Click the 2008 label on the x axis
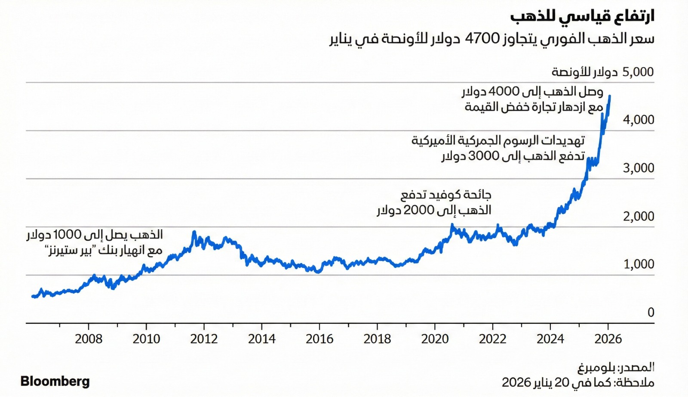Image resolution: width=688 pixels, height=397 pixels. point(89,339)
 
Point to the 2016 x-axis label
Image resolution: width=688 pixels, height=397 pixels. point(319,339)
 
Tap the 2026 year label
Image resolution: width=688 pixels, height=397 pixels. point(608,339)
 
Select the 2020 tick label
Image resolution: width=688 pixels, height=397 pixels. point(435,339)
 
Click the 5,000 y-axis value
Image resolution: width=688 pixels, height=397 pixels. point(638,72)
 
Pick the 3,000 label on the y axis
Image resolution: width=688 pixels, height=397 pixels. point(639,168)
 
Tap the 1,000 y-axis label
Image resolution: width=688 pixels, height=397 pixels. point(639,264)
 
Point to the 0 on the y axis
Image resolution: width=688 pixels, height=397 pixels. point(651,312)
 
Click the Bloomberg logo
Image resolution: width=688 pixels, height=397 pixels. point(55,381)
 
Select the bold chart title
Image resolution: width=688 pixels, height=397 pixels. point(582,16)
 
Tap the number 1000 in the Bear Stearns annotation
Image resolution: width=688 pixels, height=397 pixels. point(67,235)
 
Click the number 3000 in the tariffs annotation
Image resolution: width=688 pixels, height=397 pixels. point(484,156)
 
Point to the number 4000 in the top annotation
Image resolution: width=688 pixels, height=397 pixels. point(504,92)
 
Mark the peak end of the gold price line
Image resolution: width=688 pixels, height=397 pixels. point(610,96)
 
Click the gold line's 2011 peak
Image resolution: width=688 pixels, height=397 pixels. point(194,232)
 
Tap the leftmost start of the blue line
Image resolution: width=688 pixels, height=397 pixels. point(33,296)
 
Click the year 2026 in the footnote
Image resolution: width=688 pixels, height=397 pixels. point(516,382)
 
